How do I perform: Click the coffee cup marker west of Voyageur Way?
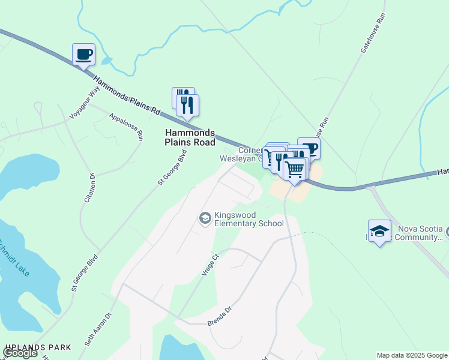pos(83,54)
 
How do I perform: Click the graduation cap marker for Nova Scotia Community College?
pos(379,231)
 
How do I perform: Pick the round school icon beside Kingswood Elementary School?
pos(205,218)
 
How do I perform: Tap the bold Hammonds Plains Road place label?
pos(190,137)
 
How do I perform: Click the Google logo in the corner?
pos(20,353)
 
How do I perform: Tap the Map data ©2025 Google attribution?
pos(411,355)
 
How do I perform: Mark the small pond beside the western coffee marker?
pos(107,61)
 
